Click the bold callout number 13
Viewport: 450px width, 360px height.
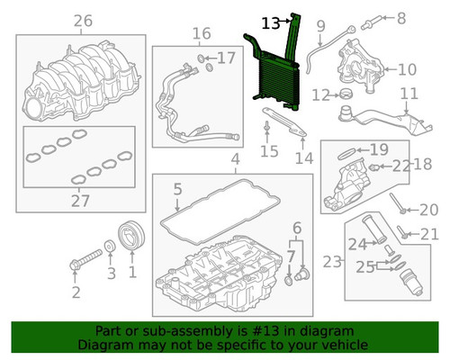[271, 23]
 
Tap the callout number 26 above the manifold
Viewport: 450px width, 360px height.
[83, 21]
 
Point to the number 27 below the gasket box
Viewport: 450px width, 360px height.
[80, 201]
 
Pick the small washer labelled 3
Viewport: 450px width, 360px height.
[110, 246]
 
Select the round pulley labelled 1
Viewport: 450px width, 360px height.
[131, 236]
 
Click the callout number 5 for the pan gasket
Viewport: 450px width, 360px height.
[178, 189]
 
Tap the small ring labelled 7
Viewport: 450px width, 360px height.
[288, 281]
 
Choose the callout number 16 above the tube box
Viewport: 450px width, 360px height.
[202, 33]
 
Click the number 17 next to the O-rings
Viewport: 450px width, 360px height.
[226, 58]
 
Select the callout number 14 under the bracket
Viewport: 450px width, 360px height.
[304, 158]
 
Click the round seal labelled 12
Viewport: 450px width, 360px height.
[346, 94]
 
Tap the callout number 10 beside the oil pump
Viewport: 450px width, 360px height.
[407, 69]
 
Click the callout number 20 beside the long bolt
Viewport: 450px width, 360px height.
[429, 210]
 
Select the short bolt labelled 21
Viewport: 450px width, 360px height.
[402, 232]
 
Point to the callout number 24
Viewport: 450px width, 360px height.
[357, 244]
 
